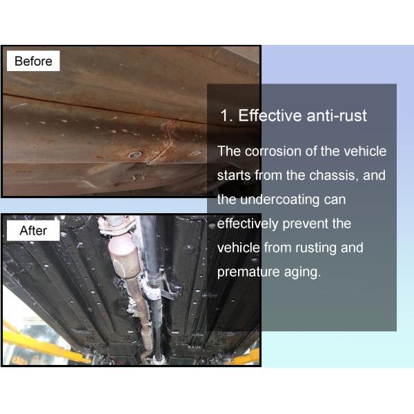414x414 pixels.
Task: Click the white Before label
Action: [x=33, y=61]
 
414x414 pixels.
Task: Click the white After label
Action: [x=33, y=230]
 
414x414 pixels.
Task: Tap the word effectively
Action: [x=248, y=224]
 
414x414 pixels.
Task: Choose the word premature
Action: [x=248, y=273]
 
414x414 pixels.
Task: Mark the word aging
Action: [x=302, y=273]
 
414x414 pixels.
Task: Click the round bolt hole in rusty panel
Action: [x=135, y=155]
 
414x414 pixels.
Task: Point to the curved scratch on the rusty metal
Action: [x=163, y=143]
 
